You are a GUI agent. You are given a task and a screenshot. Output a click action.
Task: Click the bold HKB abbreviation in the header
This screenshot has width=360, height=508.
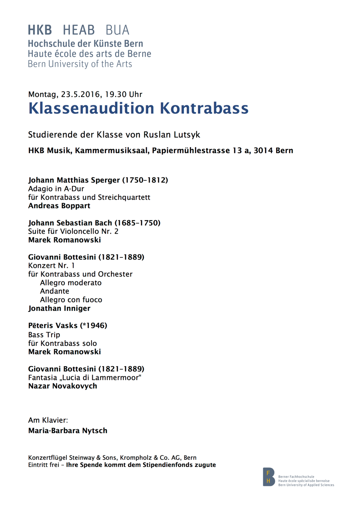point(40,30)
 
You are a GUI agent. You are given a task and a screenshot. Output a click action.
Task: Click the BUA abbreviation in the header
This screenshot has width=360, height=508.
point(117,30)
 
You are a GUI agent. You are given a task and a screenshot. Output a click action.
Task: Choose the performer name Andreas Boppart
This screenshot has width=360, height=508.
point(59,206)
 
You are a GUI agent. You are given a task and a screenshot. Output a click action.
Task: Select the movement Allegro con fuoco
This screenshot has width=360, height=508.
point(71,300)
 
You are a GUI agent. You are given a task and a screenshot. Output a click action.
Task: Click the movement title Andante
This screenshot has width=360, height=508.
point(54,291)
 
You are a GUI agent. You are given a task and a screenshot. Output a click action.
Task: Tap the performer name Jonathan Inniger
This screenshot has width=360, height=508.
point(59,309)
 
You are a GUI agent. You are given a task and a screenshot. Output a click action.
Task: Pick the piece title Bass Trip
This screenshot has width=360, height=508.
point(44,335)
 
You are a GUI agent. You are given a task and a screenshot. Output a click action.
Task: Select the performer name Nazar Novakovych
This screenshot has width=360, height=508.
point(62,386)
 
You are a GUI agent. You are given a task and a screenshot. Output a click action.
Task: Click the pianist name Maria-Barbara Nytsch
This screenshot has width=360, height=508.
point(68,431)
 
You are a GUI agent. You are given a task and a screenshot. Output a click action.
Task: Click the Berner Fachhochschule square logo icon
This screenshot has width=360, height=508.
point(269,477)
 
